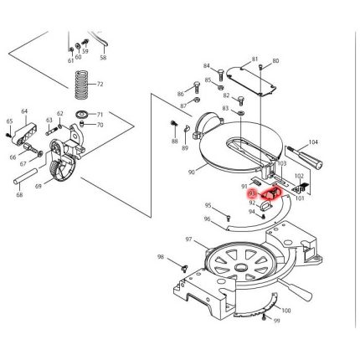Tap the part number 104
313,143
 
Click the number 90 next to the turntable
192,172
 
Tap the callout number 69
39,185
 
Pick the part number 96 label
207,219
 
